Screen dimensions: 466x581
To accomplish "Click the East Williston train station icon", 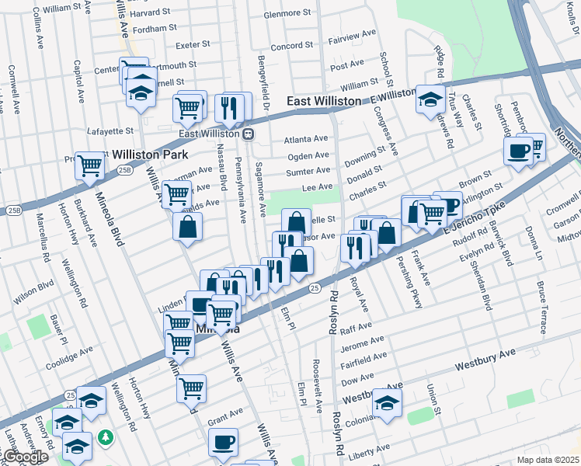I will point(249,134).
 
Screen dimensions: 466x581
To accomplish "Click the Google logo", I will point(25,457).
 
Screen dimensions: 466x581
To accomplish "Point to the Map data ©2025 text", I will point(548,460).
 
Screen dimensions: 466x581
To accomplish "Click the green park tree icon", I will point(106,439).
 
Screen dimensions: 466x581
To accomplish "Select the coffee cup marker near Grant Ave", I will point(224,442).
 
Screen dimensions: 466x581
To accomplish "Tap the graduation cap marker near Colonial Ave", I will point(386,402).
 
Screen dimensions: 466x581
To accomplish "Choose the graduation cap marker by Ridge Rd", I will point(430,99).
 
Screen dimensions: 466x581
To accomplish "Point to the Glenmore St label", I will point(287,14).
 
